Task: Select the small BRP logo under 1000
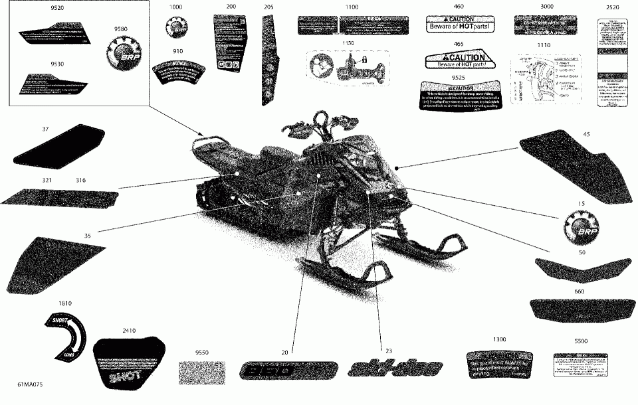coord(175,29)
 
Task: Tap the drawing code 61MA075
coord(34,384)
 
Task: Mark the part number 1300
coord(500,339)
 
